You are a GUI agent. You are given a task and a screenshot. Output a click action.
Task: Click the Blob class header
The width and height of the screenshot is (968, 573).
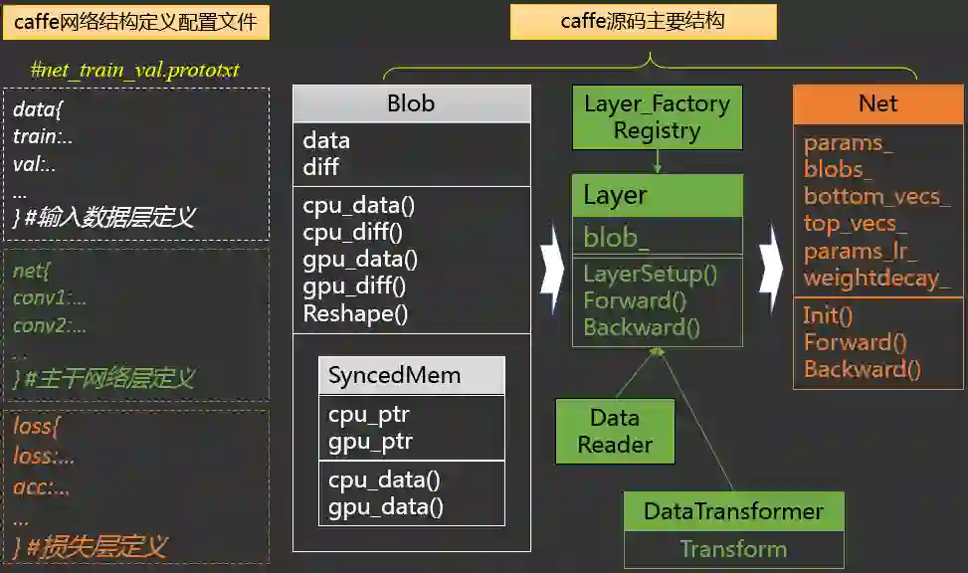click(x=411, y=103)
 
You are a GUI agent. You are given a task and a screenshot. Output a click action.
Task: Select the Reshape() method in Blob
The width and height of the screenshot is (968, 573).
click(x=355, y=314)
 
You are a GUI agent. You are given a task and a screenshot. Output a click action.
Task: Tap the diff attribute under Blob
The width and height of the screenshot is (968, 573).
click(x=321, y=167)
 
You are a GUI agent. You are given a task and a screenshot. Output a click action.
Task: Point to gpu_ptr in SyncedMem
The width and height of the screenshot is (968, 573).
click(x=370, y=442)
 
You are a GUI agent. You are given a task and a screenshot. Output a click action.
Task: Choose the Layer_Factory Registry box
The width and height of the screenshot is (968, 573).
click(x=657, y=116)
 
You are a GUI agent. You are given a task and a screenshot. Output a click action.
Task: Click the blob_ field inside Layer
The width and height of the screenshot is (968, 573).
click(x=617, y=237)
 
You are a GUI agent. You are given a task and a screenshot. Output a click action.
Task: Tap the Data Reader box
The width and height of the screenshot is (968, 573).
click(x=614, y=431)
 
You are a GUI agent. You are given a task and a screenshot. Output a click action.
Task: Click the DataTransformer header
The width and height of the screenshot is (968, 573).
click(x=733, y=511)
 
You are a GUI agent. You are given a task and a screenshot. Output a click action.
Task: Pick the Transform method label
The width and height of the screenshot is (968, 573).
click(x=733, y=549)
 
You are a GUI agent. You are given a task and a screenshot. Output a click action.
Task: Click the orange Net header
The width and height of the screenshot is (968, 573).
click(x=877, y=103)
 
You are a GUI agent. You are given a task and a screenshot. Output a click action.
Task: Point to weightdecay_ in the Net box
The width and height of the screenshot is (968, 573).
click(x=876, y=278)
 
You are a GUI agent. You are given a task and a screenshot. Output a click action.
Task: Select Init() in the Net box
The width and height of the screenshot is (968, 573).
click(x=829, y=316)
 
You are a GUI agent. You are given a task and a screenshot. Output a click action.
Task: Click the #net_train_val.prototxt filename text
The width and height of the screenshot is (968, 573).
click(x=135, y=70)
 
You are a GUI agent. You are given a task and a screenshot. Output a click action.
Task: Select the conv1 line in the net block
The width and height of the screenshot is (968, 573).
click(x=50, y=297)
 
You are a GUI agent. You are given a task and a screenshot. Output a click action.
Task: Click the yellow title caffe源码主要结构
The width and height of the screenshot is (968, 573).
click(x=643, y=21)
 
